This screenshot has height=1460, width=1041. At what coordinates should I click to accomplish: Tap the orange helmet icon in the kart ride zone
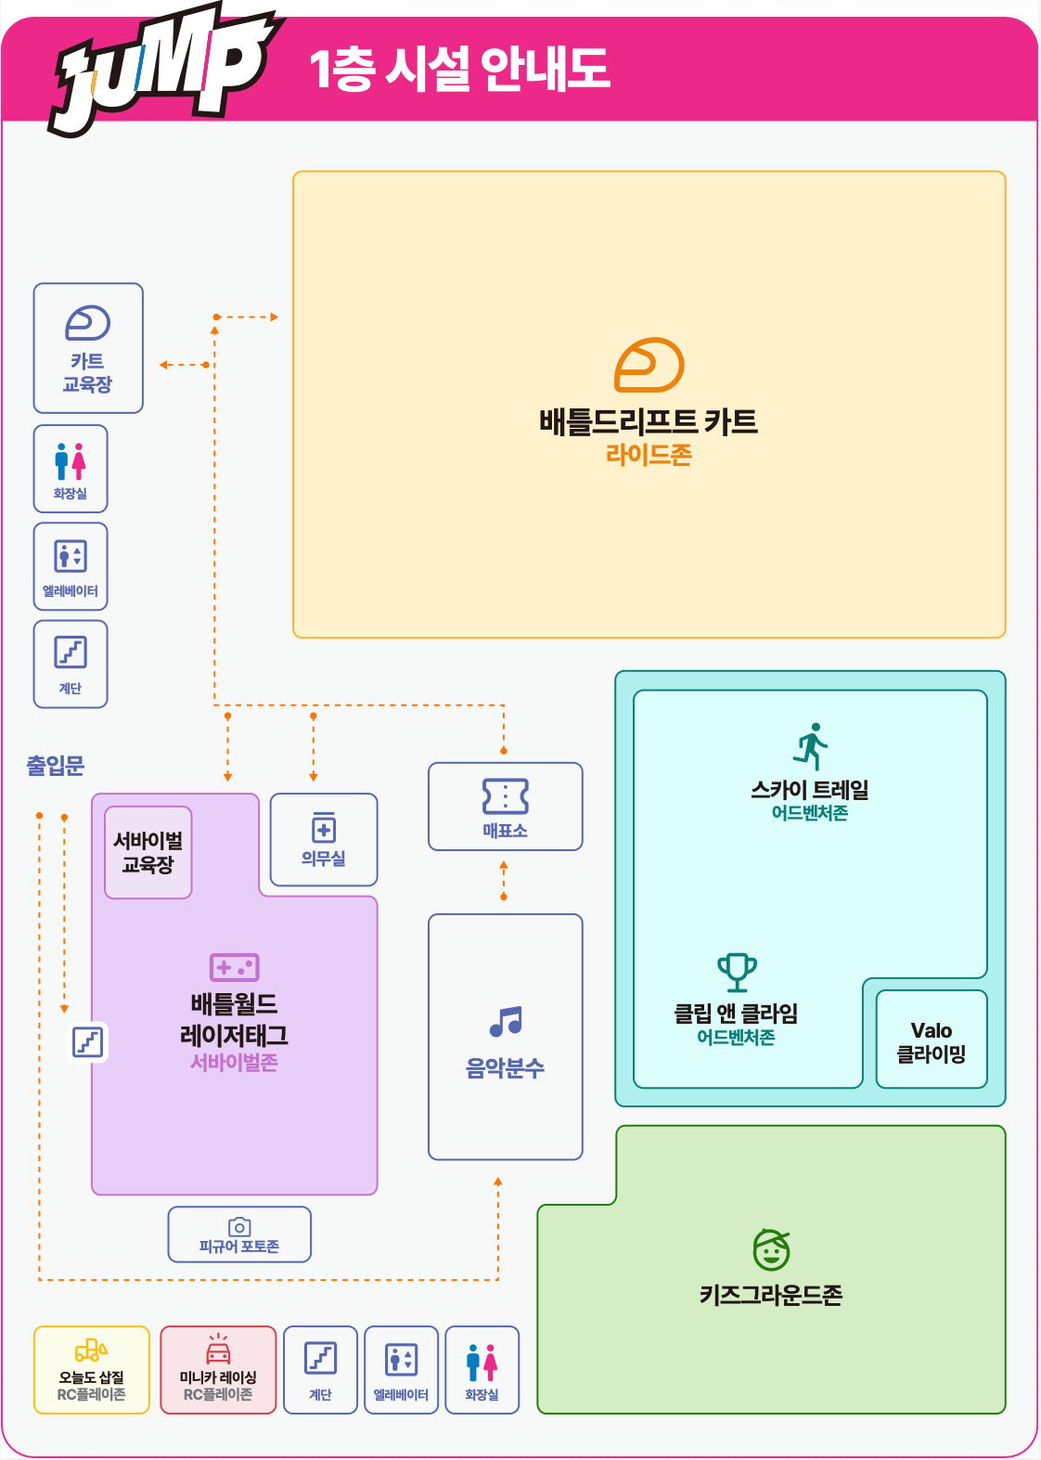coord(649,365)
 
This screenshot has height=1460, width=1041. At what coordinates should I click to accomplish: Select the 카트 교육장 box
coord(88,348)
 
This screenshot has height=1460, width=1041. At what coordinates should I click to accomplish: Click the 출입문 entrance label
coord(56,765)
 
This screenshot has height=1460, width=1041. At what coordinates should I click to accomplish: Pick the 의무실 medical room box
coord(324,839)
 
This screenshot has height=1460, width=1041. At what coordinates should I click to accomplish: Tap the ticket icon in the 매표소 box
coord(506,795)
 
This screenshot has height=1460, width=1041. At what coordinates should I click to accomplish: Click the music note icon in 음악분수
coord(507,1021)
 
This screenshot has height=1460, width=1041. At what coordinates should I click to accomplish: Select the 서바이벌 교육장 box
coord(148,853)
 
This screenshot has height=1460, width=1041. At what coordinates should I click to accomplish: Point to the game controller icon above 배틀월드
coord(235,967)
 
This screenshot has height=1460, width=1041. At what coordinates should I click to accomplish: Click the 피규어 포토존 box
coord(239,1234)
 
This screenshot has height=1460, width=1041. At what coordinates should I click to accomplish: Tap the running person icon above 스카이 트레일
coord(810,746)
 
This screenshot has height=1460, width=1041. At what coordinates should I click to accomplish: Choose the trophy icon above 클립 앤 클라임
coord(737,973)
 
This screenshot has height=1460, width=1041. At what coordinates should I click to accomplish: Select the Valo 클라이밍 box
coord(932,1040)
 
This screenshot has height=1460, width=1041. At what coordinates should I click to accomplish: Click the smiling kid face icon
coord(771,1249)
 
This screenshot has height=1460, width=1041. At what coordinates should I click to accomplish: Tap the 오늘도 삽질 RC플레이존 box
coord(91,1370)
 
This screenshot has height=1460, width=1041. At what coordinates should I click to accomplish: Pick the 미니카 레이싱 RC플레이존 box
coord(218,1370)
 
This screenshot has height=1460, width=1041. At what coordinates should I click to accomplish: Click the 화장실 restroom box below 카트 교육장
coord(71,469)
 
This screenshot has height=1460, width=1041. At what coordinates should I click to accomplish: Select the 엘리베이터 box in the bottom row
coord(402,1370)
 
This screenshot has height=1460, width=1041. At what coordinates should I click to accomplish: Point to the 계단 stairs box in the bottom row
coord(320,1370)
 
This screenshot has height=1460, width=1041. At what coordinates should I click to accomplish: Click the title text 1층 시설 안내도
coord(460,69)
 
